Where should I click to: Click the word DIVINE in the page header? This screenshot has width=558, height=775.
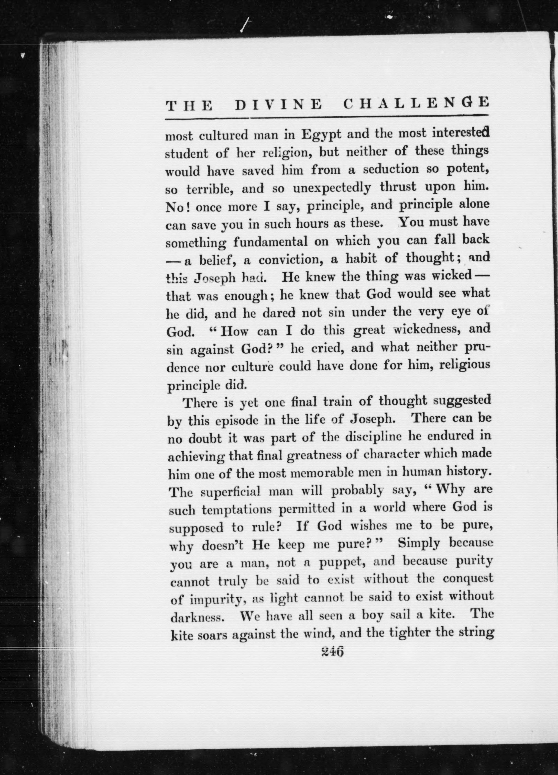[x=278, y=104]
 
